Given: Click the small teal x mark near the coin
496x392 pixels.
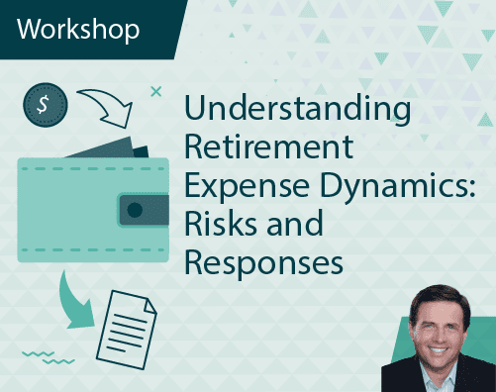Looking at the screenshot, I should tap(154, 92).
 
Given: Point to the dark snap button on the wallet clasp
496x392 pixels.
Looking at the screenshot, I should tap(132, 209).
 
